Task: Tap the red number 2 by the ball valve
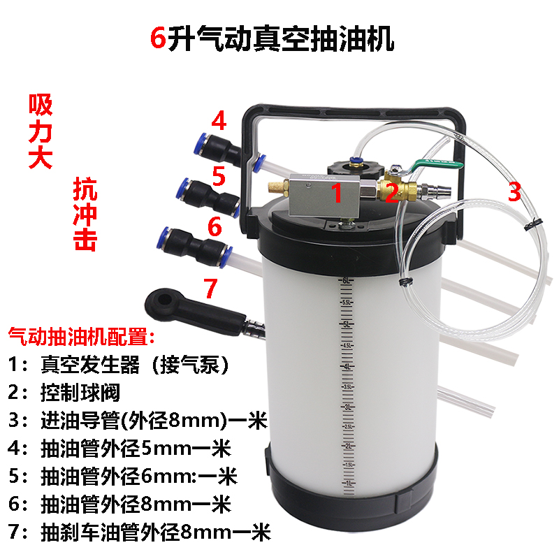tap(393, 191)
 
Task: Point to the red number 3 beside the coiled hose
tap(514, 191)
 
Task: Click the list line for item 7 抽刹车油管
tap(140, 532)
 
